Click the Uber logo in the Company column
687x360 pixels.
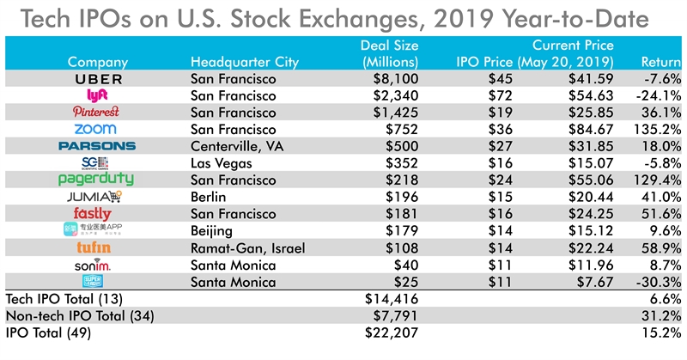tap(96, 79)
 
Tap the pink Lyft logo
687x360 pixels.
tap(96, 95)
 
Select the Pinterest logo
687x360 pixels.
tap(96, 113)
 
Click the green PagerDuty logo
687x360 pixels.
tap(96, 179)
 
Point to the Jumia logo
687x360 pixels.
tap(96, 196)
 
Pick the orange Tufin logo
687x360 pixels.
tap(96, 246)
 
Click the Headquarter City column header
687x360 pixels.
tap(245, 62)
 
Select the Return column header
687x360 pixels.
tap(661, 62)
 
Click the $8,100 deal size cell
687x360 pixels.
tap(396, 79)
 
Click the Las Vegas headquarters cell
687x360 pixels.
tap(222, 162)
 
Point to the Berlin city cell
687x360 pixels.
tap(207, 196)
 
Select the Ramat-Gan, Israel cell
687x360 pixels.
tap(243, 246)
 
